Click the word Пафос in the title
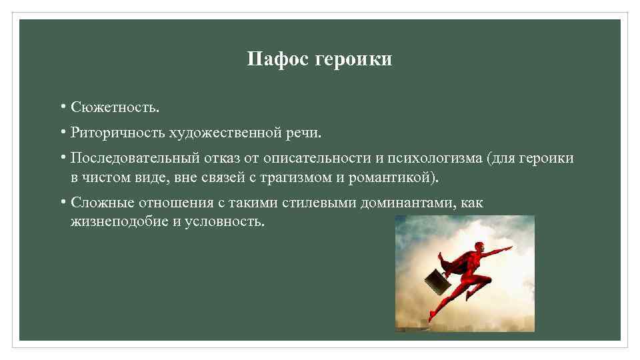(x=269, y=60)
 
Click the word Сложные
(x=99, y=202)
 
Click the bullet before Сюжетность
(x=61, y=106)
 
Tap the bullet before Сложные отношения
(x=61, y=201)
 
